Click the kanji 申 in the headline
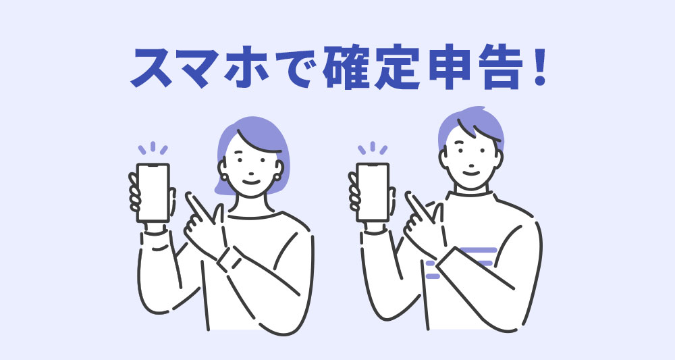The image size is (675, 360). (450, 69)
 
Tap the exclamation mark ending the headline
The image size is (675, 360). (539, 68)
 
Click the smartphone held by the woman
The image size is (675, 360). (153, 192)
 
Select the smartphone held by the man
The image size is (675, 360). (373, 192)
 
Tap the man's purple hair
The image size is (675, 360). (471, 125)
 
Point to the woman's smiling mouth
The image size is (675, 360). (251, 182)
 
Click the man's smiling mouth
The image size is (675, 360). (471, 173)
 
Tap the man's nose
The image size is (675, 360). (471, 163)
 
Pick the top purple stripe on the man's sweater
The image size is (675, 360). (479, 249)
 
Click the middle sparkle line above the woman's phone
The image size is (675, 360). (153, 147)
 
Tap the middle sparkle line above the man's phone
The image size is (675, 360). (373, 147)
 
